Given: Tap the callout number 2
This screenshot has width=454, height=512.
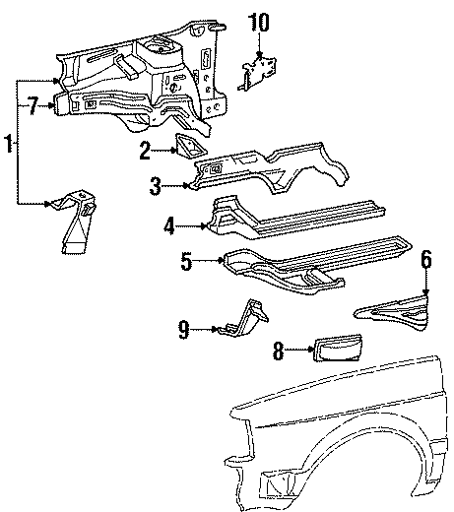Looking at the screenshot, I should tap(145, 151).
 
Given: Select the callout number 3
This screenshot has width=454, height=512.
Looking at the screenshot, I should tap(155, 184).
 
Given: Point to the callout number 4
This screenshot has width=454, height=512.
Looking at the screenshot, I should tap(169, 224).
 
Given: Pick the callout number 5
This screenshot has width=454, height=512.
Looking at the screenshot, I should tap(185, 261).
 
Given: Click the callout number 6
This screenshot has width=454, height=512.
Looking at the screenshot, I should tap(425, 260).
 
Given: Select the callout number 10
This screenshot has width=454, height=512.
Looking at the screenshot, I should tap(257, 21).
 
